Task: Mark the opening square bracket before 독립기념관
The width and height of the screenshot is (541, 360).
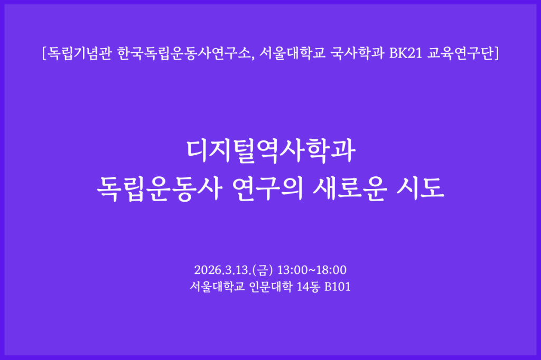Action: [43, 53]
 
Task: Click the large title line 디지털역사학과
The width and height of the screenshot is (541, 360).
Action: [270, 150]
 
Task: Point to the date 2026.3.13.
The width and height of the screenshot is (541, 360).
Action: [222, 270]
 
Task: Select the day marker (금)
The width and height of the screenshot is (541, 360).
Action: [263, 270]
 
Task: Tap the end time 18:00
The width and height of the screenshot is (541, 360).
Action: [331, 270]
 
